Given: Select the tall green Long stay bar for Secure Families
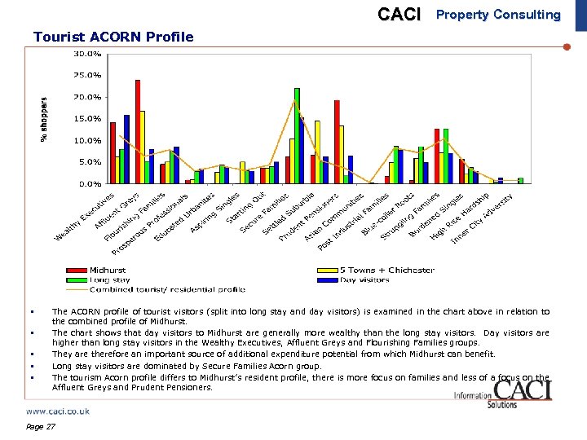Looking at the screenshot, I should [x=297, y=136].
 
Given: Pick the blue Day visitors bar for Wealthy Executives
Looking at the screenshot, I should [x=126, y=149].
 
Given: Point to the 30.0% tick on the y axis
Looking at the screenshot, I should [x=87, y=54].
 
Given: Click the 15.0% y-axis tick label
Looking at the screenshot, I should [x=87, y=119].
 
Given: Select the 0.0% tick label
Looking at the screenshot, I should [x=90, y=184].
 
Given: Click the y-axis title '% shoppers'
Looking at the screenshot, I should [x=44, y=119].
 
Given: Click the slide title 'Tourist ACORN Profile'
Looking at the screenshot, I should [x=113, y=37].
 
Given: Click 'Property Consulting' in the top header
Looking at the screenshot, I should [x=498, y=15].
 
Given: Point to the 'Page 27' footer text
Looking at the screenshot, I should [x=40, y=427].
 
